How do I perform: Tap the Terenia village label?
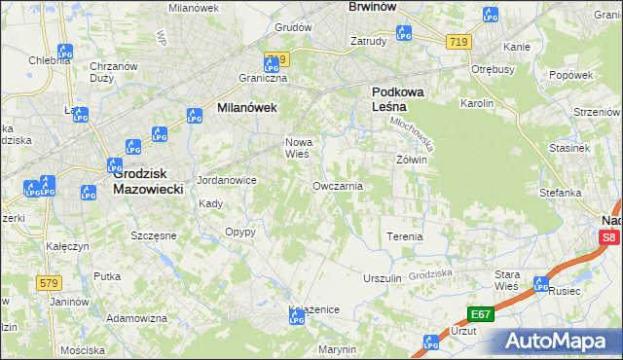[405, 236]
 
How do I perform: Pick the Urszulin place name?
[382, 278]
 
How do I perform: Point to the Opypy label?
[239, 232]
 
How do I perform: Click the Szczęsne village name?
[153, 235]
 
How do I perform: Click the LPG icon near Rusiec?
[541, 284]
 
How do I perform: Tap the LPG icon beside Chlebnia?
[65, 52]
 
